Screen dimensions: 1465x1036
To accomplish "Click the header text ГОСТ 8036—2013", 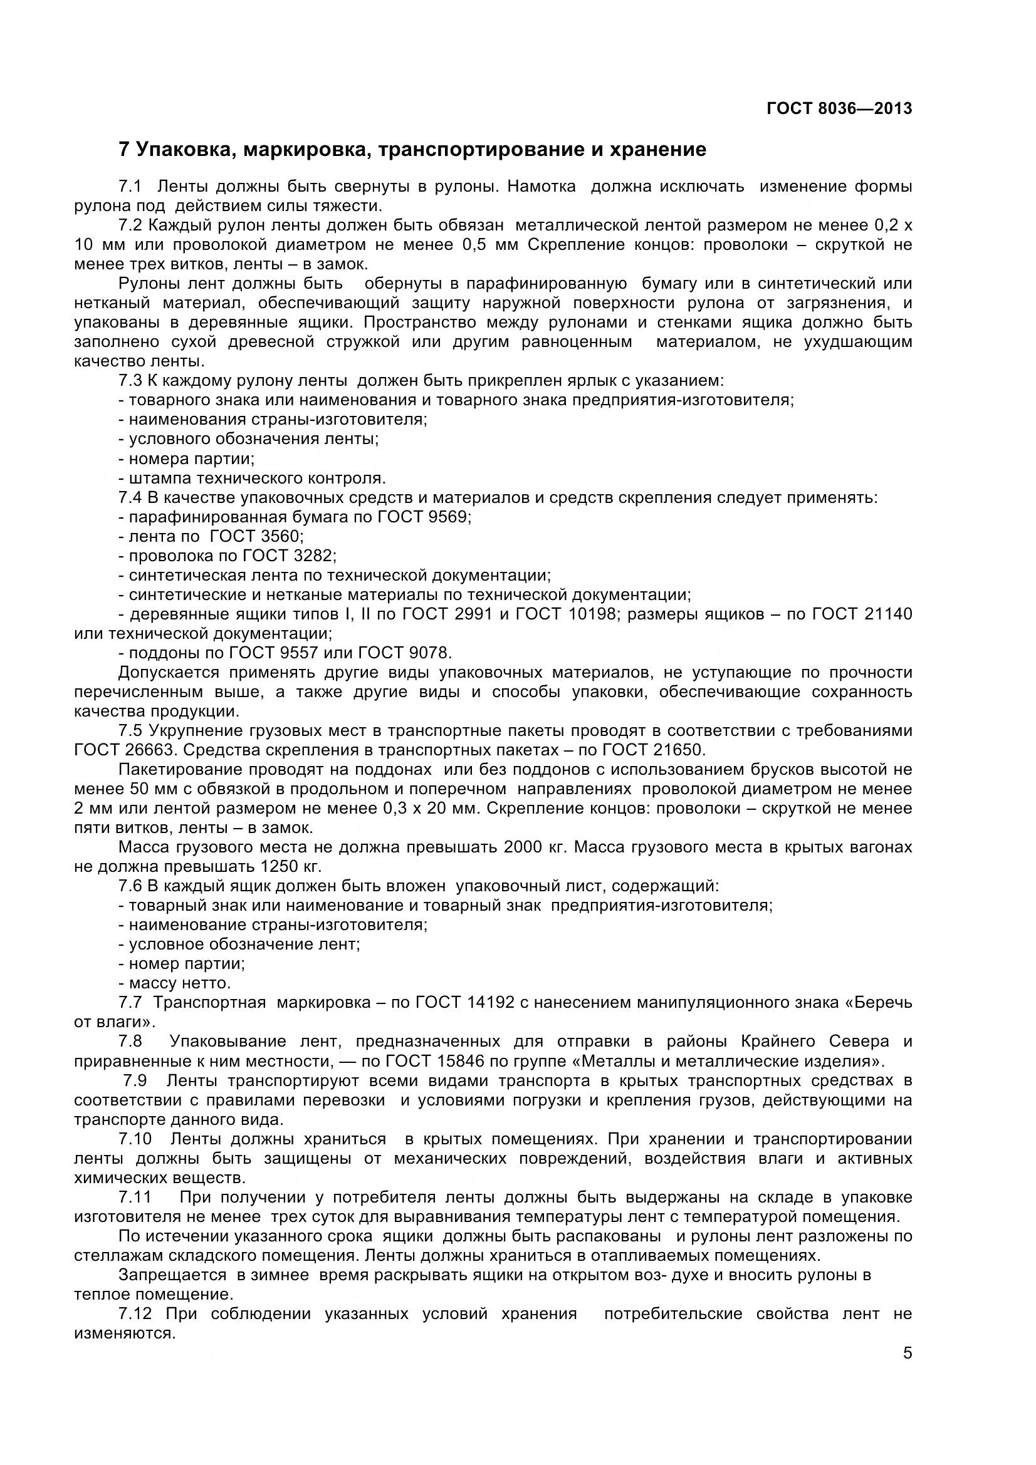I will click(x=839, y=108).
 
